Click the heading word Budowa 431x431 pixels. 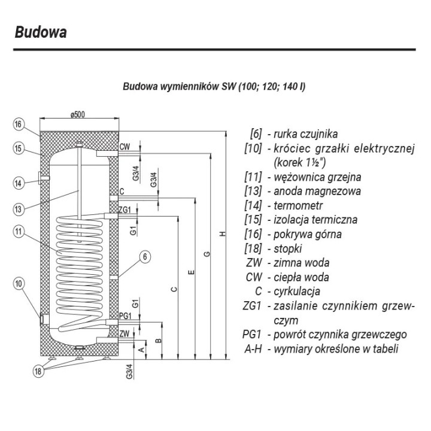(x=41, y=32)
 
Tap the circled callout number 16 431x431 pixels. (x=18, y=125)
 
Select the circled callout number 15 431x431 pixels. (x=18, y=148)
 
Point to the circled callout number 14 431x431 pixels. (x=18, y=183)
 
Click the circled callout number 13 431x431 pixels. (x=18, y=210)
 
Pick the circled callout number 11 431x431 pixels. (x=18, y=232)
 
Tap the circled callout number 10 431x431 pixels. (x=19, y=283)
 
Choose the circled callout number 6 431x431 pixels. (x=145, y=257)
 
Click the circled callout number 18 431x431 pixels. (x=38, y=371)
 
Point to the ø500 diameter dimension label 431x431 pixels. (x=77, y=114)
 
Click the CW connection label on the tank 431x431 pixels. (x=125, y=147)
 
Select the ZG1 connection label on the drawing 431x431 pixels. (x=125, y=210)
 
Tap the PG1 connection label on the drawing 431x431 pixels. (x=125, y=316)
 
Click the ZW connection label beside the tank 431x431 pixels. (x=125, y=333)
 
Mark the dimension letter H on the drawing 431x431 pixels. (x=223, y=234)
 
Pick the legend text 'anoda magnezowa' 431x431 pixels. (x=317, y=192)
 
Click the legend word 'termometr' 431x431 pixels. (x=298, y=205)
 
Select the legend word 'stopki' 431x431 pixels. (x=287, y=249)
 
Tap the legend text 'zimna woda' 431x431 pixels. (x=301, y=263)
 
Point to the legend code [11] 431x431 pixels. (x=253, y=177)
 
